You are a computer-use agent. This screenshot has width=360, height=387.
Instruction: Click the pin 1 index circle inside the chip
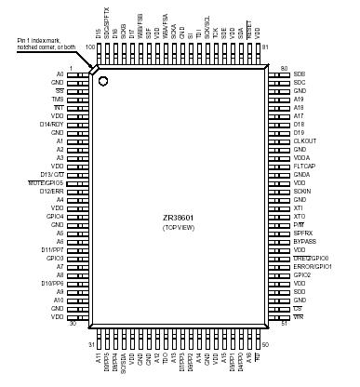pos(103,82)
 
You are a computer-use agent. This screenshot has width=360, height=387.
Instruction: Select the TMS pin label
pos(59,98)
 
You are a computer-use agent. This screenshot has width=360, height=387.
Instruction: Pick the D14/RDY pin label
pos(51,123)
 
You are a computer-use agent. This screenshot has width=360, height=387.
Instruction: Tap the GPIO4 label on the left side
pos(55,216)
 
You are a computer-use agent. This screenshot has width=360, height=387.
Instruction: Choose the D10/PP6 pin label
pos(52,283)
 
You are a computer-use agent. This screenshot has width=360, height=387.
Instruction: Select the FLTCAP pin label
pos(304,166)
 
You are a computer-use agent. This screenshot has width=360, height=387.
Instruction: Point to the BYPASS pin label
pos(304,241)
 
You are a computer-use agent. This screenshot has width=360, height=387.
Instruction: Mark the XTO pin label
pos(299,216)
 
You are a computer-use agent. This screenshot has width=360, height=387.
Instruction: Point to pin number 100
pos(90,47)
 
